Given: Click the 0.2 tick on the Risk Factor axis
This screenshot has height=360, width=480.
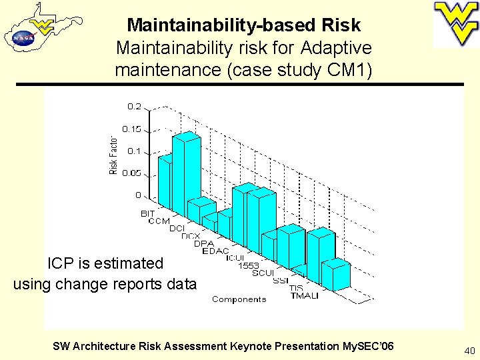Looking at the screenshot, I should pyautogui.click(x=133, y=107).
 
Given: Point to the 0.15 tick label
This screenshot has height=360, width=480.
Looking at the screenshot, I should pyautogui.click(x=131, y=129).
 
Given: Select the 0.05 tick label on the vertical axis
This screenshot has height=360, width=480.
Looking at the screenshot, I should pyautogui.click(x=131, y=173).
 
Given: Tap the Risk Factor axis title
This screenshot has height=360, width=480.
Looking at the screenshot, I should pyautogui.click(x=113, y=157).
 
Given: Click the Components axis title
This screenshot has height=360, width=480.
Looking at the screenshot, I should pyautogui.click(x=239, y=299).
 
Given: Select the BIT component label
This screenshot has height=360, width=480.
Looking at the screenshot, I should pyautogui.click(x=147, y=214).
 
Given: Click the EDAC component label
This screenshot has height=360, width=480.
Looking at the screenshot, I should pyautogui.click(x=215, y=251).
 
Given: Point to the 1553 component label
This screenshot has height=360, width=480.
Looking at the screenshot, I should pyautogui.click(x=248, y=265).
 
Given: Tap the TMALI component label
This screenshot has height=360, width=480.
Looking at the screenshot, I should pyautogui.click(x=304, y=295).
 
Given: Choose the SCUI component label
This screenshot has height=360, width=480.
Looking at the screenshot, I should pyautogui.click(x=263, y=273).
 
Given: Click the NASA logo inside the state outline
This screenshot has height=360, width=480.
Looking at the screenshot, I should pyautogui.click(x=23, y=38).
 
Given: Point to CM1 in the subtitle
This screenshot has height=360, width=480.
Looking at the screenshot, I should pyautogui.click(x=349, y=69).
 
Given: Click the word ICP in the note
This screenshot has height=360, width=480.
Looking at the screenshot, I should pyautogui.click(x=62, y=263).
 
